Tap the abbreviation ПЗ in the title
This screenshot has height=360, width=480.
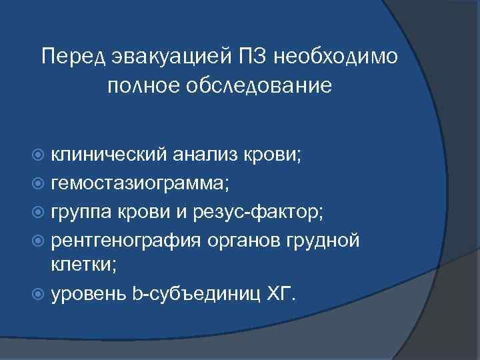255,57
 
